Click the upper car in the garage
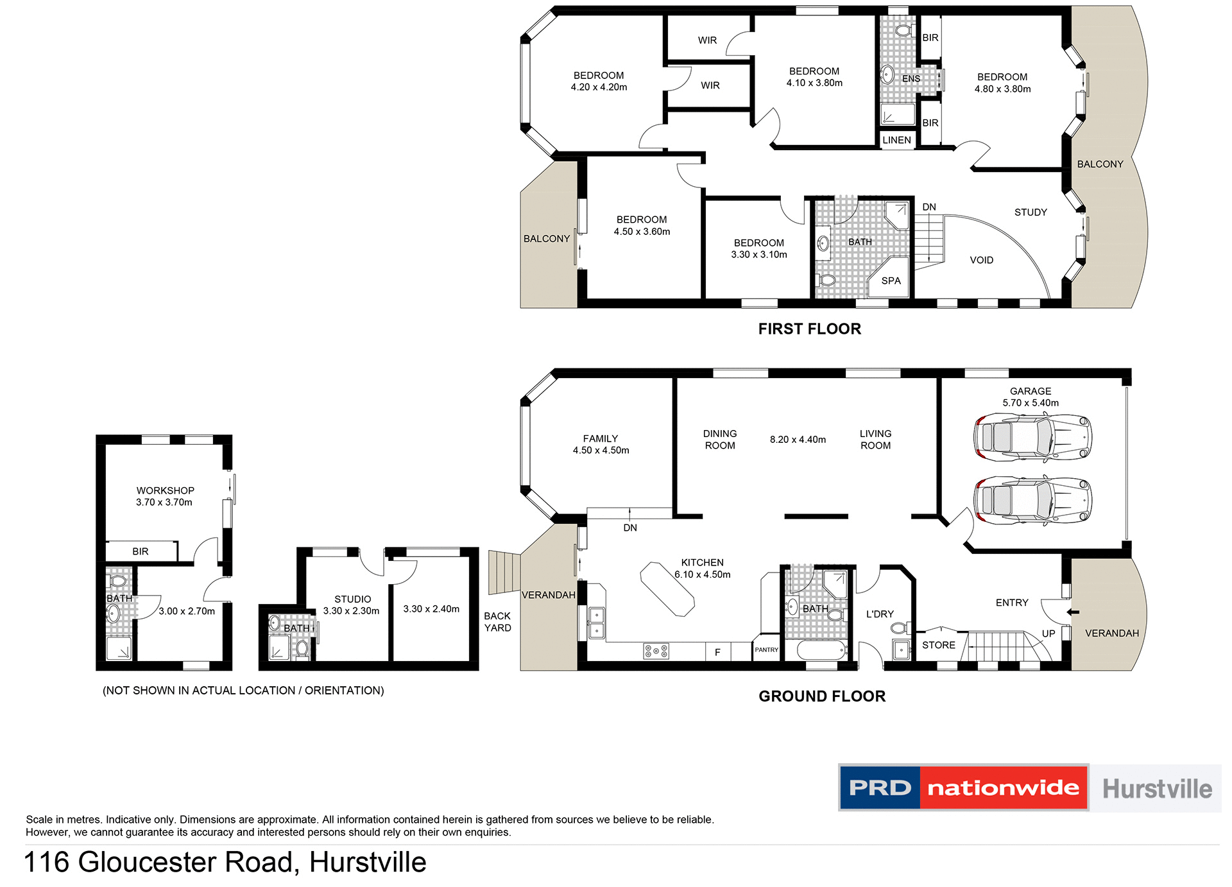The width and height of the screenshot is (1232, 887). (1032, 438)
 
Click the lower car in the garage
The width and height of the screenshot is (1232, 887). (1032, 501)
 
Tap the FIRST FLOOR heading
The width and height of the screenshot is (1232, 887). (809, 329)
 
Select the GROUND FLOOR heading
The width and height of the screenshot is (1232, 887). (821, 696)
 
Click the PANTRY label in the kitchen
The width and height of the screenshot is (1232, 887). (766, 650)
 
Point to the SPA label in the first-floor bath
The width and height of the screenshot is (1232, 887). (891, 281)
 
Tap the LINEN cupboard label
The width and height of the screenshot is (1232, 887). (896, 140)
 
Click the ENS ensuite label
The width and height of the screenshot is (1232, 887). (911, 79)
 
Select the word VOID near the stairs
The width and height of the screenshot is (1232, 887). (981, 260)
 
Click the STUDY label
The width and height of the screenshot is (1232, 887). (1031, 212)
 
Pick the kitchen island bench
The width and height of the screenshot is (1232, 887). (667, 589)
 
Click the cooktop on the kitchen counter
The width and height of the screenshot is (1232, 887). (656, 651)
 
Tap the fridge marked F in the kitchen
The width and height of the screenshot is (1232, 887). (717, 652)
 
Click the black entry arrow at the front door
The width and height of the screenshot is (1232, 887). (1073, 612)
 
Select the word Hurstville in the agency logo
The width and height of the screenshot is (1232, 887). (1157, 789)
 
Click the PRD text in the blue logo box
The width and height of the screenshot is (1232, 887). (879, 788)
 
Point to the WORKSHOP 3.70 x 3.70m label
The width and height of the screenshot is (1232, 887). (165, 496)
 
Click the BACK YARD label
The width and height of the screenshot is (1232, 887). (497, 622)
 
